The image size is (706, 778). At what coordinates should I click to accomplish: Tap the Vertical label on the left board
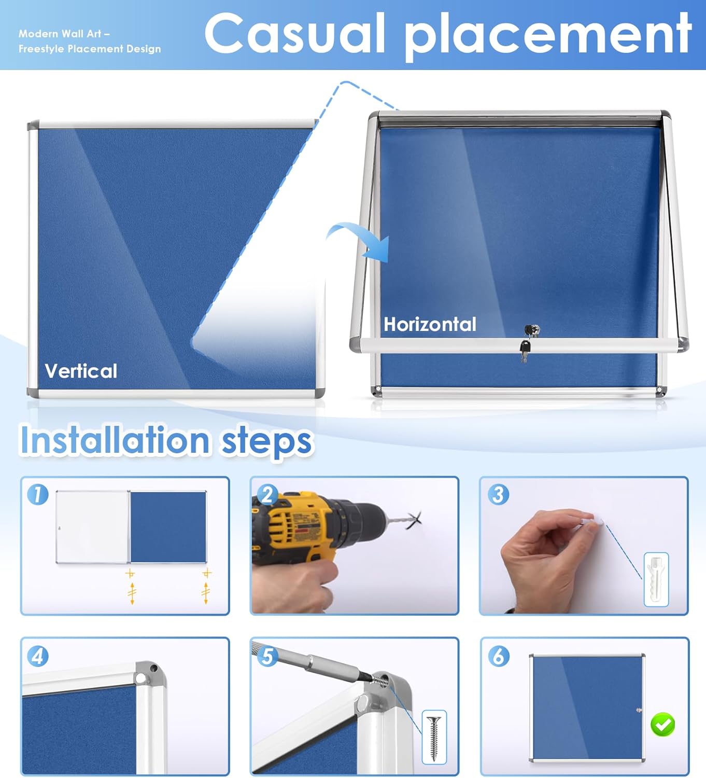[x=81, y=371]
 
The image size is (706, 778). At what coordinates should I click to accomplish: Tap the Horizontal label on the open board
[x=430, y=324]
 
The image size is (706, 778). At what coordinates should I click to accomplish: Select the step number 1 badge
[x=38, y=494]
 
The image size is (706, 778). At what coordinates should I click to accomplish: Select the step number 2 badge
[x=267, y=494]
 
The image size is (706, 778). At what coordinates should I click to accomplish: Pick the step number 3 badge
[x=498, y=494]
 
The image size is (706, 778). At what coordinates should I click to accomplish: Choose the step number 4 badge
[x=38, y=656]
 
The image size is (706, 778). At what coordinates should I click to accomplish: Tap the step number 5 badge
[x=267, y=656]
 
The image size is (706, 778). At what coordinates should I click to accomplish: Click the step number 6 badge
[x=498, y=656]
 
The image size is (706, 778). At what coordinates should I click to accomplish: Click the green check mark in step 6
[x=662, y=724]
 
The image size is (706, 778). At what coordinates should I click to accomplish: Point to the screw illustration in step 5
[x=434, y=737]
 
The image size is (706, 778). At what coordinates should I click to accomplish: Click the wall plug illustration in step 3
[x=656, y=579]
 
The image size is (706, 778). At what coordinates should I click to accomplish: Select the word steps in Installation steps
[x=266, y=441]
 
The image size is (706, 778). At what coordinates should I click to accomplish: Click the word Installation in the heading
[x=115, y=440]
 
